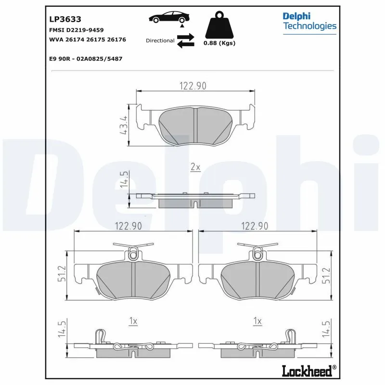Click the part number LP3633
(65, 19)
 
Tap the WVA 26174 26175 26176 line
(88, 39)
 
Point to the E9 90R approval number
(86, 58)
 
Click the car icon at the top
(167, 17)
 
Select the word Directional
(160, 41)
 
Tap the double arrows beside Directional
(185, 40)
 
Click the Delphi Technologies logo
(309, 21)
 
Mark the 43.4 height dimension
(125, 125)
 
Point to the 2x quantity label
(195, 167)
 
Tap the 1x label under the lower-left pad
(133, 321)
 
